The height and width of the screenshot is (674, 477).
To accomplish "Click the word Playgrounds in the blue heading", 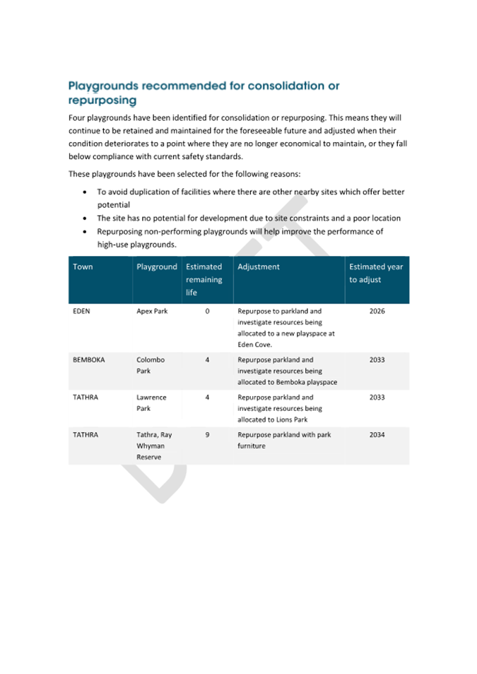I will pyautogui.click(x=103, y=86).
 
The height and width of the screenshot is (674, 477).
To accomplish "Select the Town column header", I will pyautogui.click(x=83, y=267).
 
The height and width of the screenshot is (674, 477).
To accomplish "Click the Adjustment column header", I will pyautogui.click(x=259, y=267).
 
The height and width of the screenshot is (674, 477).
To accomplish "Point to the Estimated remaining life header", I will pyautogui.click(x=204, y=279).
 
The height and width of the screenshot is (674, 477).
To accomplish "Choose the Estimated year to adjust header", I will pyautogui.click(x=376, y=273).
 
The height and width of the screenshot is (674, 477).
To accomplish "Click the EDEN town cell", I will pyautogui.click(x=81, y=310).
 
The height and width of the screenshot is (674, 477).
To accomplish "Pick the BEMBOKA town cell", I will pyautogui.click(x=88, y=359).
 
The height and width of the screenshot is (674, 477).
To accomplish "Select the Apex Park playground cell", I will pyautogui.click(x=151, y=310).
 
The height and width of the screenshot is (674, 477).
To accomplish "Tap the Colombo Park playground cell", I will pyautogui.click(x=151, y=365).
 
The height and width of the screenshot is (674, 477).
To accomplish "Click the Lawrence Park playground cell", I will pyautogui.click(x=151, y=403).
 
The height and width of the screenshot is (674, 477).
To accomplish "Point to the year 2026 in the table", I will pyautogui.click(x=377, y=310).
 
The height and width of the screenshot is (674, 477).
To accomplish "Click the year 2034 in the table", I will pyautogui.click(x=377, y=435).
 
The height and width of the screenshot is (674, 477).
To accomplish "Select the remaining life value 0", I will pyautogui.click(x=207, y=310).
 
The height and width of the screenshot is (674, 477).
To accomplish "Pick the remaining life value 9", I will pyautogui.click(x=207, y=435).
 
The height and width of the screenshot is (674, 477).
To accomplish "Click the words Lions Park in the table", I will pyautogui.click(x=309, y=420).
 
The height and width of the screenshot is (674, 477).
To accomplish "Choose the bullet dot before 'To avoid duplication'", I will pyautogui.click(x=86, y=192).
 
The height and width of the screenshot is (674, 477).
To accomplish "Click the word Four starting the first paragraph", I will pyautogui.click(x=78, y=117).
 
